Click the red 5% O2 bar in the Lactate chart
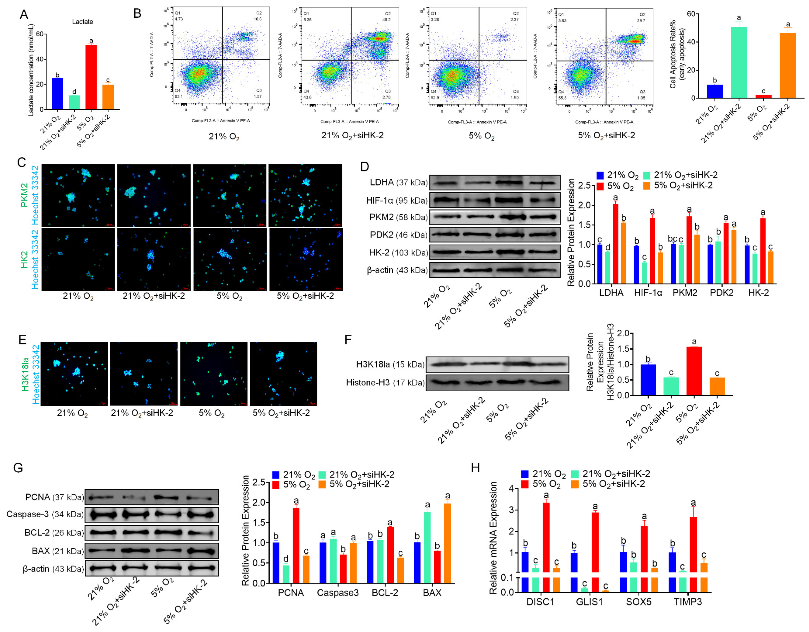[91, 77]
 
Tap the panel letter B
[137, 14]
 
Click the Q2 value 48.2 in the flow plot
[386, 20]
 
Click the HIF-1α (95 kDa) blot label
[396, 201]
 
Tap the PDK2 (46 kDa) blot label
[398, 235]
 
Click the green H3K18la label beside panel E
[25, 374]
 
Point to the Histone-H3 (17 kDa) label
[385, 383]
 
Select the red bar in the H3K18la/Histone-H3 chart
[694, 371]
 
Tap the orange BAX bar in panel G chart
[447, 543]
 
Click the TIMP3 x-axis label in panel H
[687, 602]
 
